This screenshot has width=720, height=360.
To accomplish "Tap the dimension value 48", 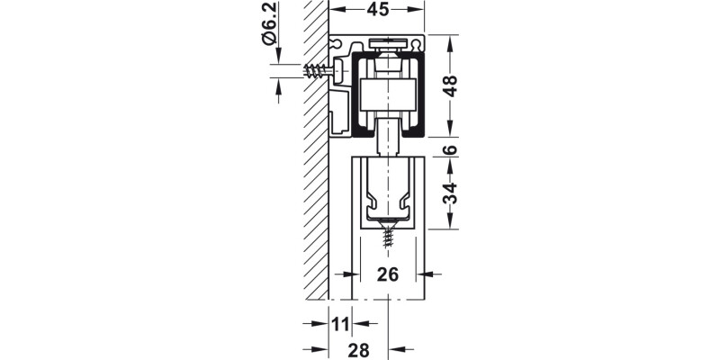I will click(451, 86).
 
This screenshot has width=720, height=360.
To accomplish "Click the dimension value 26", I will click(387, 275).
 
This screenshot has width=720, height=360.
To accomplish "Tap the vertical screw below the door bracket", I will click(388, 238).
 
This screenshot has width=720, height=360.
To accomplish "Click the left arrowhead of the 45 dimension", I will click(334, 10).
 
